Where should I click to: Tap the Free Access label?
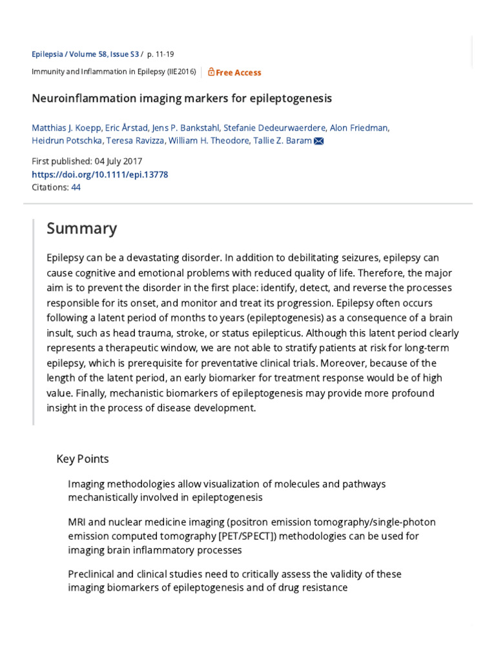click(238, 72)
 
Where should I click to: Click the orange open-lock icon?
click(211, 72)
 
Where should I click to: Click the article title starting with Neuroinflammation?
click(181, 99)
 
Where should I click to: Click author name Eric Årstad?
click(127, 128)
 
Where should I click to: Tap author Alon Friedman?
click(359, 128)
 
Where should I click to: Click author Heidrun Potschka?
click(67, 141)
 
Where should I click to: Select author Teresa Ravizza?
click(131, 141)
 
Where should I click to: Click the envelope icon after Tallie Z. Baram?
click(318, 141)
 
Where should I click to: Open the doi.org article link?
click(99, 174)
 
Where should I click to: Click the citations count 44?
click(76, 187)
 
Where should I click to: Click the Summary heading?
click(81, 229)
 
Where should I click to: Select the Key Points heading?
click(83, 459)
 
